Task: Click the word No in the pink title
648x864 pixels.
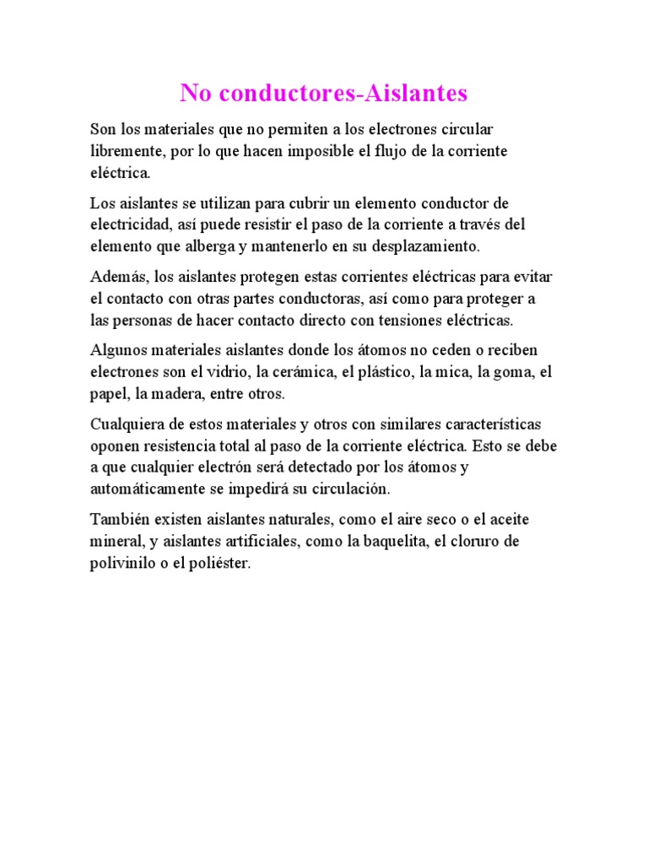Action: (194, 93)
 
